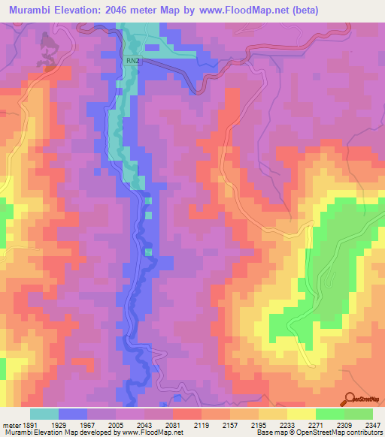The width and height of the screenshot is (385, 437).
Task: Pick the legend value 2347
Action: click(x=374, y=423)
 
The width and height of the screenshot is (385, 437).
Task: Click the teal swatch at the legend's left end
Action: click(x=44, y=414)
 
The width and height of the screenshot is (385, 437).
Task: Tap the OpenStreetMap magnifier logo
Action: click(x=351, y=399)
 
